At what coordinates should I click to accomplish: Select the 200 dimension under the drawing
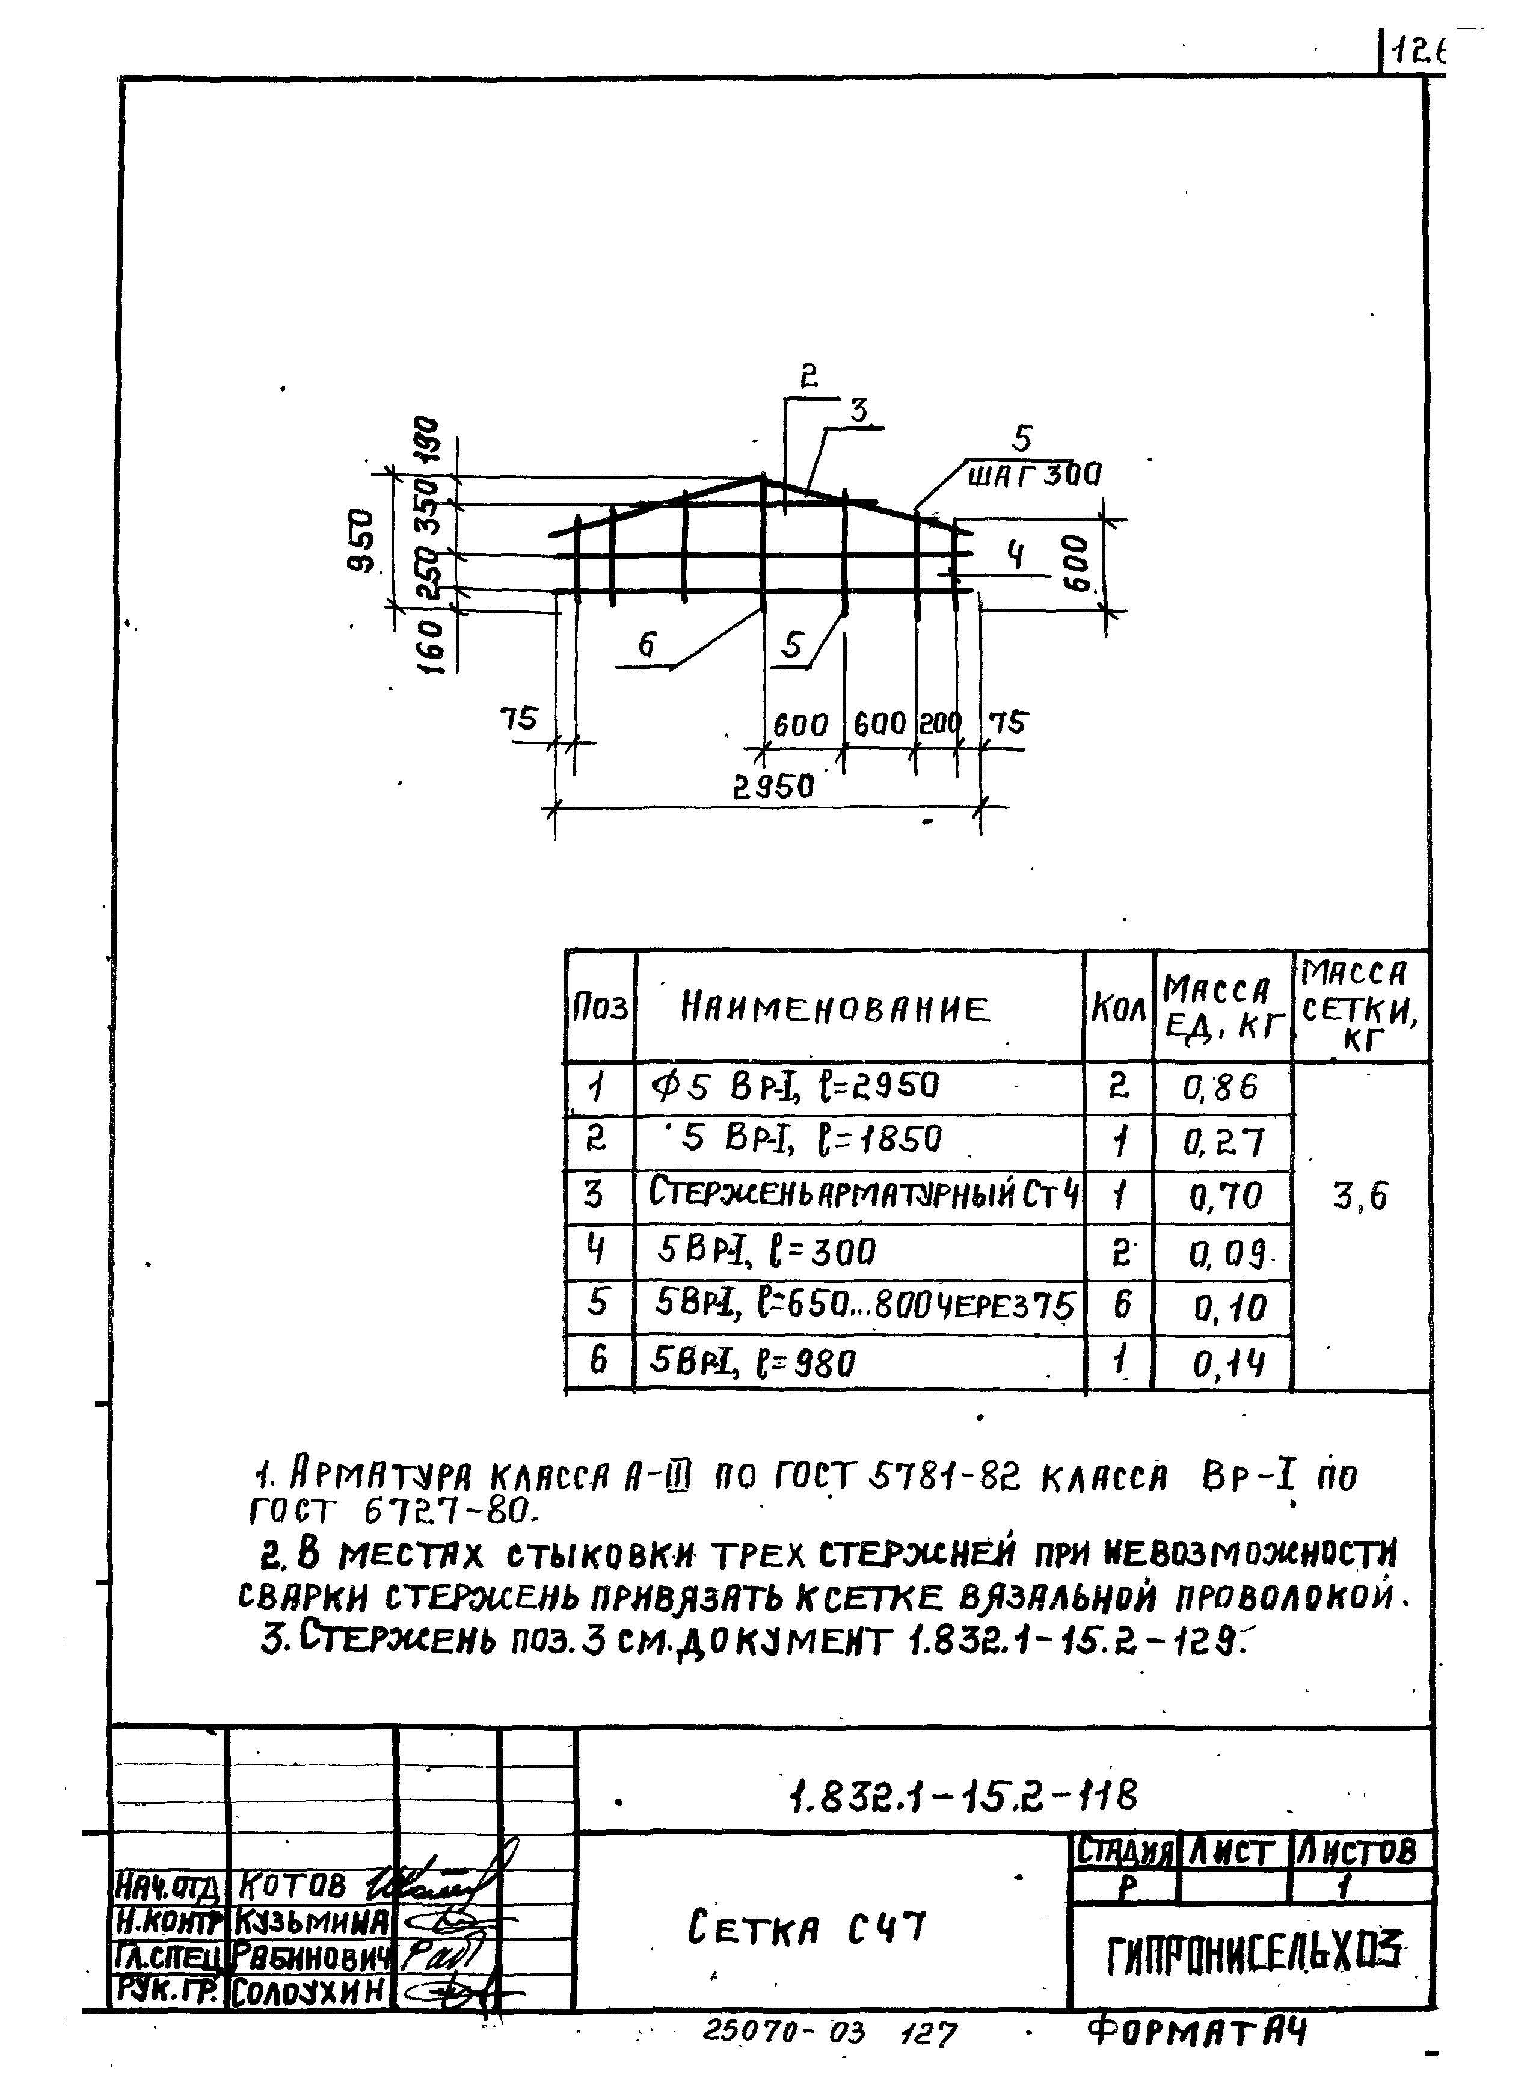coord(938,724)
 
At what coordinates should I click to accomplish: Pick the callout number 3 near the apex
coord(859,409)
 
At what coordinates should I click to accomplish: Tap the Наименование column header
coord(835,1007)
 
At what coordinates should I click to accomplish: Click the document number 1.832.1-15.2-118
coord(962,1798)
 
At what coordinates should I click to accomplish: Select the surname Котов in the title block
coord(292,1885)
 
